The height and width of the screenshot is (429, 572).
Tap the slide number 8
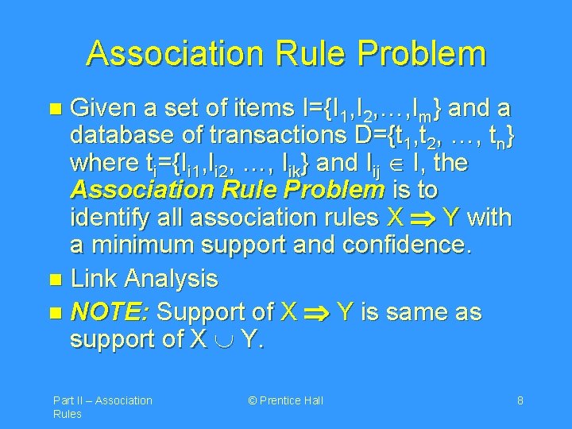tap(520, 400)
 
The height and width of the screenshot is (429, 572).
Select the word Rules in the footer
tap(68, 414)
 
